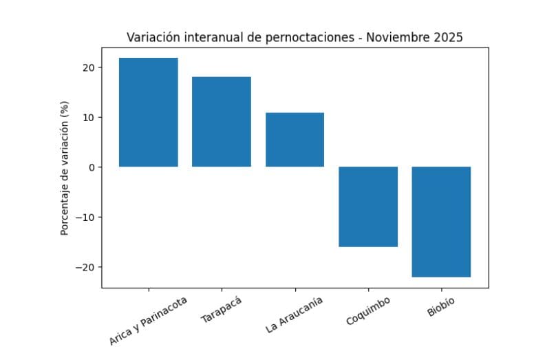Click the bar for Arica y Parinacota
click(x=149, y=112)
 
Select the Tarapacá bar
click(x=222, y=122)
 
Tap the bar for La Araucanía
click(x=295, y=140)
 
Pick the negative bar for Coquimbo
click(x=368, y=207)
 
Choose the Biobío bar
click(x=441, y=222)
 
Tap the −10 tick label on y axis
click(x=85, y=217)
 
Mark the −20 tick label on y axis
click(x=85, y=267)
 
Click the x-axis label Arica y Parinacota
click(x=149, y=319)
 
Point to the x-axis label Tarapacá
click(x=222, y=309)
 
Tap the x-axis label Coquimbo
click(x=368, y=311)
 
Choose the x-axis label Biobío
click(x=441, y=306)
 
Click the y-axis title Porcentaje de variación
click(x=65, y=168)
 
